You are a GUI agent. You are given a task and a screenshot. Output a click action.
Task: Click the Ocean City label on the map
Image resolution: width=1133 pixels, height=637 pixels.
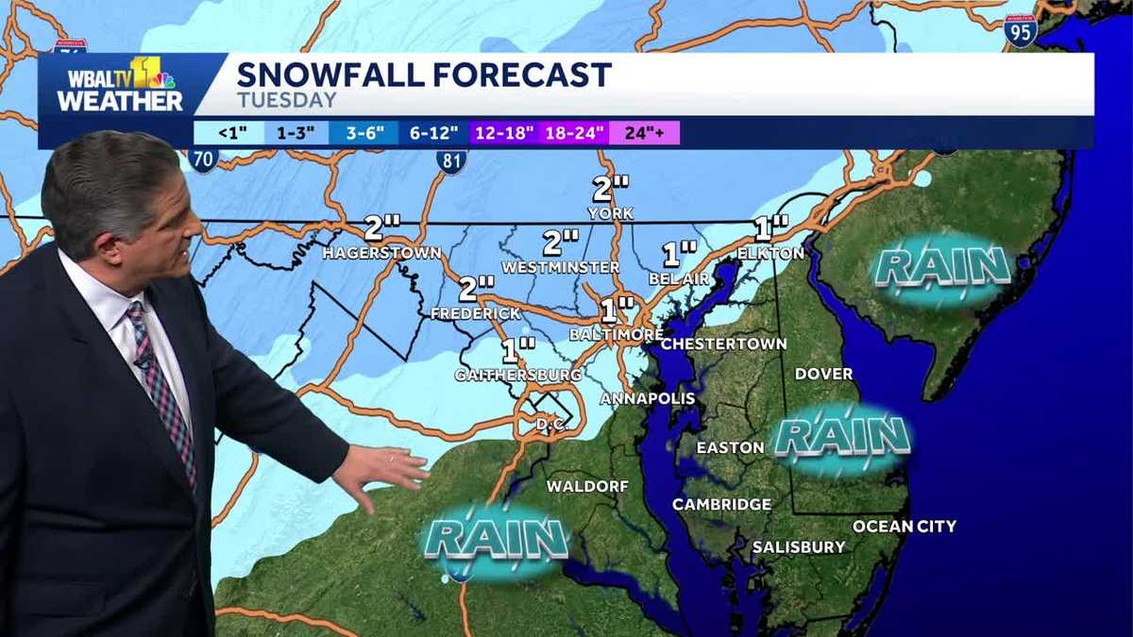click(904, 527)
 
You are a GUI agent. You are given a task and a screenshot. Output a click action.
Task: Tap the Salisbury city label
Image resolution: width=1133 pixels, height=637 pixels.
click(799, 547)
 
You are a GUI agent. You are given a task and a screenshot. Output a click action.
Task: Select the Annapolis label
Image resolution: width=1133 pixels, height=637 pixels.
click(648, 398)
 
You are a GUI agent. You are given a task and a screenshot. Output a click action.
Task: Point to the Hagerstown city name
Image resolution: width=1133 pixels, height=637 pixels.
click(381, 253)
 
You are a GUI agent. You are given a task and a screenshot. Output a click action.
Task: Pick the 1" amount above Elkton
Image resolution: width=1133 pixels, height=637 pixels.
click(770, 227)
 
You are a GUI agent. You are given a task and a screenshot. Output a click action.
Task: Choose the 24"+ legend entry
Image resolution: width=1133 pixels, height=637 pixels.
click(645, 133)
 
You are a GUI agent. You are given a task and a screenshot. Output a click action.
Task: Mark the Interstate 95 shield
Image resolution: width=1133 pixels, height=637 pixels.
click(1021, 31)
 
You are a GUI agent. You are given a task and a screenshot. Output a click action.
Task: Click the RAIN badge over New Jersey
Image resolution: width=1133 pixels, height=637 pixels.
click(941, 268)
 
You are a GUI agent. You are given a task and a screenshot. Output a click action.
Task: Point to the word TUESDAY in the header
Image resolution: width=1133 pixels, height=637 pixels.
click(287, 100)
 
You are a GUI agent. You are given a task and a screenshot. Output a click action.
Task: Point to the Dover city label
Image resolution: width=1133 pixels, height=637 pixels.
click(824, 374)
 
